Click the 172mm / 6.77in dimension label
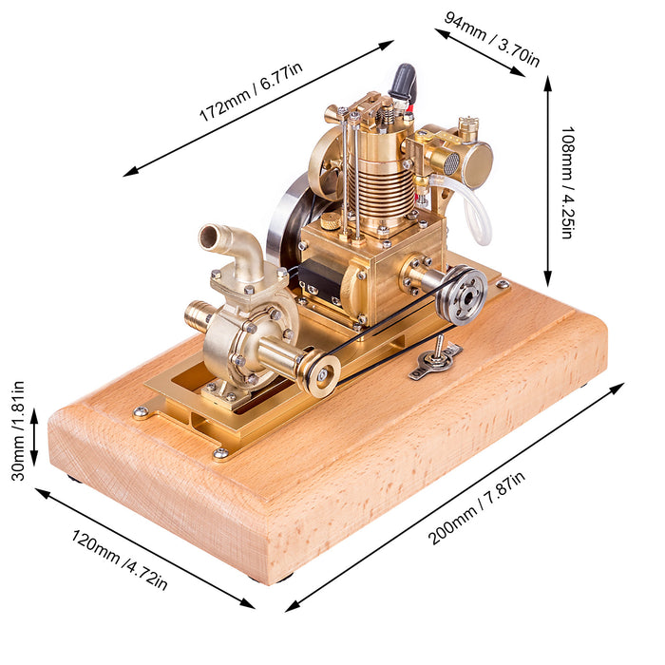[x=251, y=91]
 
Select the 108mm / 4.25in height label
[x=568, y=182]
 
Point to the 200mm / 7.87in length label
[x=477, y=507]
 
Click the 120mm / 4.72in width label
[x=119, y=560]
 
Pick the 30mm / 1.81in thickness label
[x=18, y=431]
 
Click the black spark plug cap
[x=403, y=81]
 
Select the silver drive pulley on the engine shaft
[x=464, y=294]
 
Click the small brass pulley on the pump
[x=321, y=373]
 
